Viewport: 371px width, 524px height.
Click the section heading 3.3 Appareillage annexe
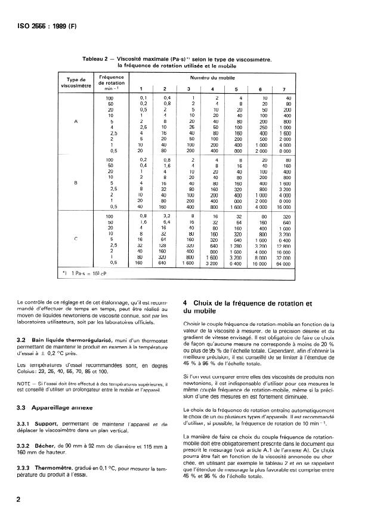45,409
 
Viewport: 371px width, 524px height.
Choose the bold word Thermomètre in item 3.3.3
54,470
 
